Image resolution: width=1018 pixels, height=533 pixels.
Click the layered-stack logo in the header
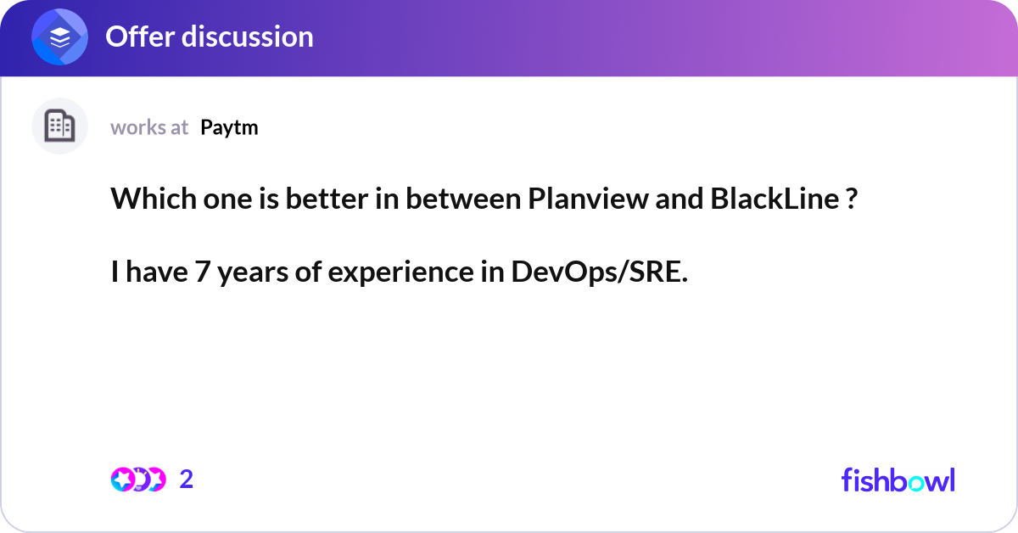click(59, 37)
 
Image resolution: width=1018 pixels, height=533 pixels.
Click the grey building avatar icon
click(59, 126)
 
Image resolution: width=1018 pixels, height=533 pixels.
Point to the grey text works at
click(149, 127)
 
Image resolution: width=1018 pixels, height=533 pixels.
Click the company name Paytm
click(229, 127)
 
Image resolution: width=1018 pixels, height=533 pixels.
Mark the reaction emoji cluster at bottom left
click(138, 480)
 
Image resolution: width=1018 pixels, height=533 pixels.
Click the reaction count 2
click(187, 480)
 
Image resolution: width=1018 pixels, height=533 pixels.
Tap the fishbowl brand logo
click(898, 480)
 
